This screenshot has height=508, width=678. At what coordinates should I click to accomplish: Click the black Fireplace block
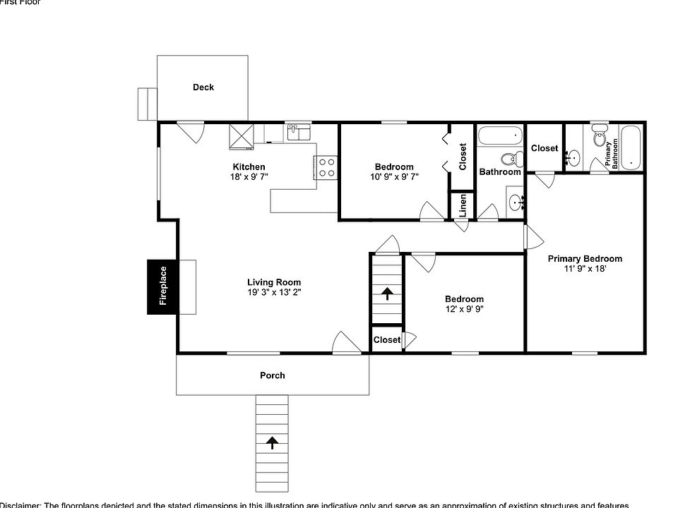162,286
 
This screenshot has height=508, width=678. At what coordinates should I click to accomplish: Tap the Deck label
203,87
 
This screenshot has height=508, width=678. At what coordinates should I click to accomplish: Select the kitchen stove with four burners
326,167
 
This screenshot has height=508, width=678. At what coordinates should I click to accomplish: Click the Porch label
272,375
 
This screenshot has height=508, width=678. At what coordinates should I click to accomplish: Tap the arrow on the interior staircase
387,293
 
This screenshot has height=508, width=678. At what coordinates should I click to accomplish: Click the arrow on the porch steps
272,442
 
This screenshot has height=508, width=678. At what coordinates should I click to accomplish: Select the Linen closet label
463,205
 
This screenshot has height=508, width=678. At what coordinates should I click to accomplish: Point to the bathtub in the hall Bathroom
500,134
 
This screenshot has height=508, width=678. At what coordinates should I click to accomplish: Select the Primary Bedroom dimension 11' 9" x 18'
585,269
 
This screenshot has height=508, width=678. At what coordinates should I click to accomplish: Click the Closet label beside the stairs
386,340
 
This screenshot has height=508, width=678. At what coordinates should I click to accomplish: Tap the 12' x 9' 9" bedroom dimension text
464,309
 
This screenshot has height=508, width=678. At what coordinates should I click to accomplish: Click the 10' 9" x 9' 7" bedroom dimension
393,176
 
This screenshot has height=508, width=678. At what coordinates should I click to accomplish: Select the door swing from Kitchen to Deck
191,131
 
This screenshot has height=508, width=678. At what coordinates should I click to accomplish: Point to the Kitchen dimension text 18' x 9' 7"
249,176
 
